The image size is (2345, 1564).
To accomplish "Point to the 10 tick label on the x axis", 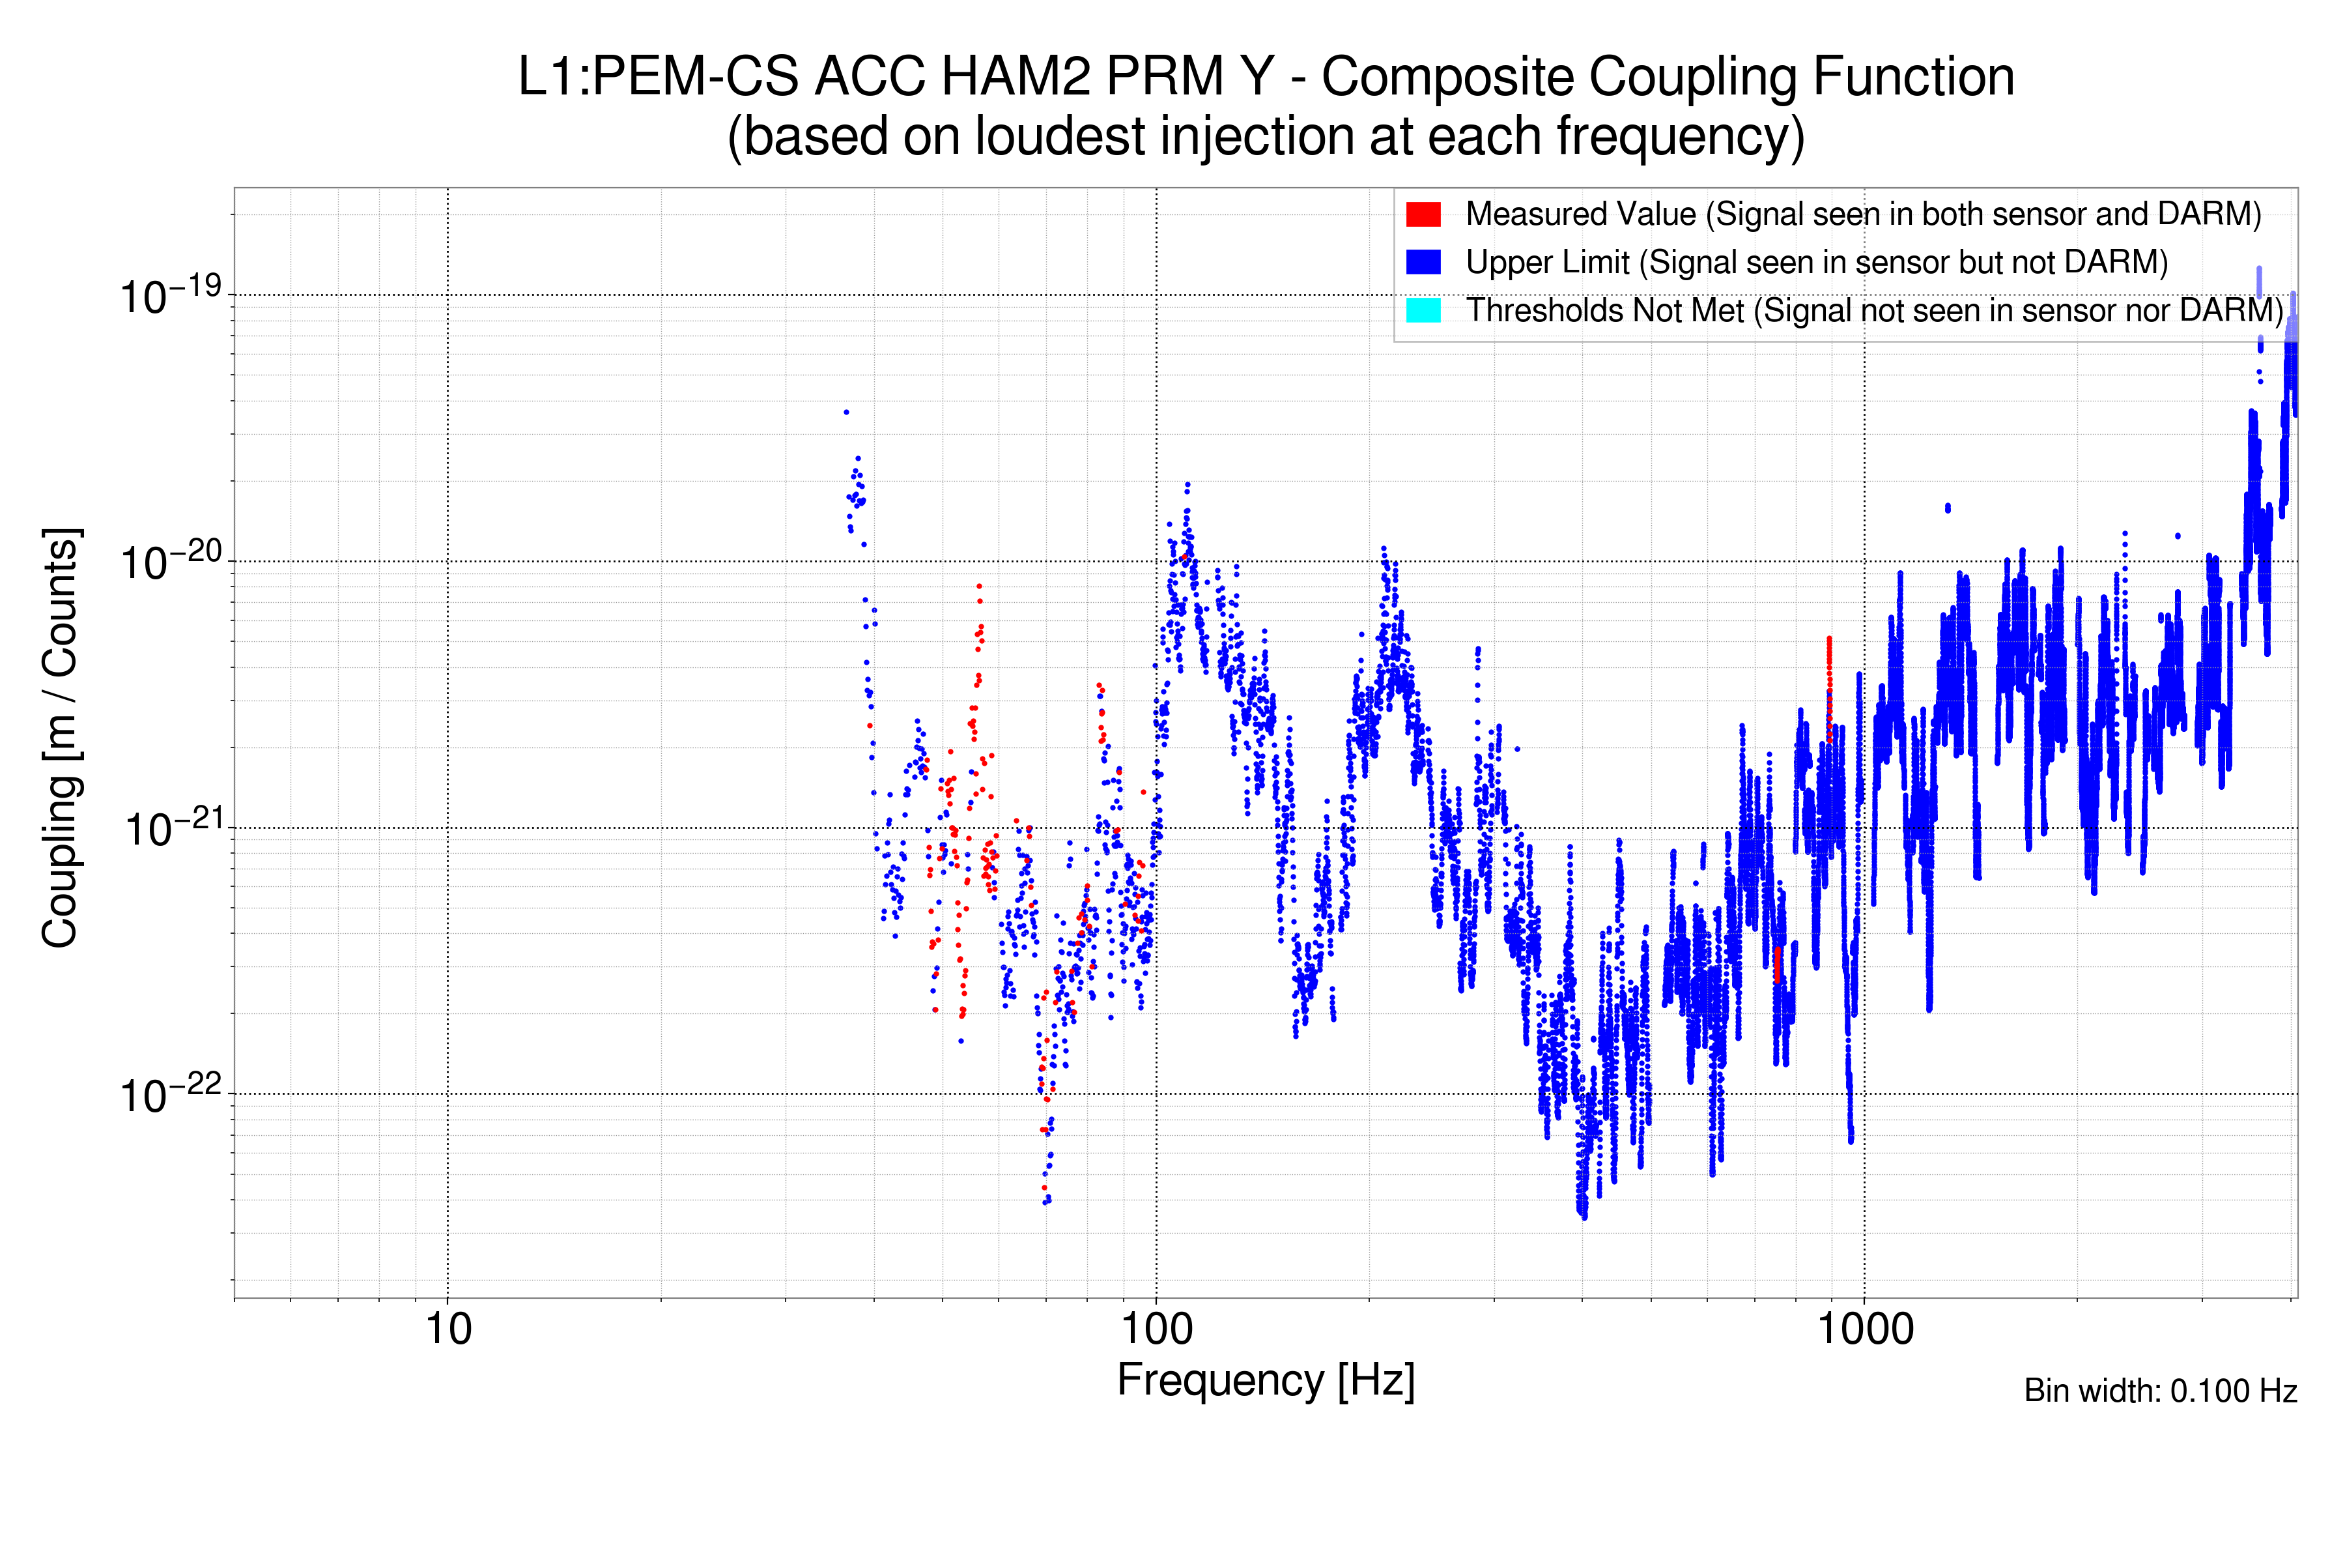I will [448, 1329].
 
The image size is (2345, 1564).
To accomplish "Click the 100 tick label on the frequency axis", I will [1157, 1329].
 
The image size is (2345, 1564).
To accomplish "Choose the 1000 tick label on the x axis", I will [1864, 1329].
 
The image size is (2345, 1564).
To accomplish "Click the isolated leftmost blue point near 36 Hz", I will [846, 412].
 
